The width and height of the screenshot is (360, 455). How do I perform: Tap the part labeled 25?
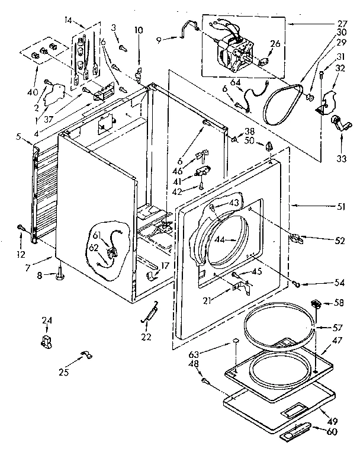click(83, 355)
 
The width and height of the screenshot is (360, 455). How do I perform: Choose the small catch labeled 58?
click(317, 305)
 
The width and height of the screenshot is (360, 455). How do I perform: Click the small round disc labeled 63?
click(235, 341)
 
